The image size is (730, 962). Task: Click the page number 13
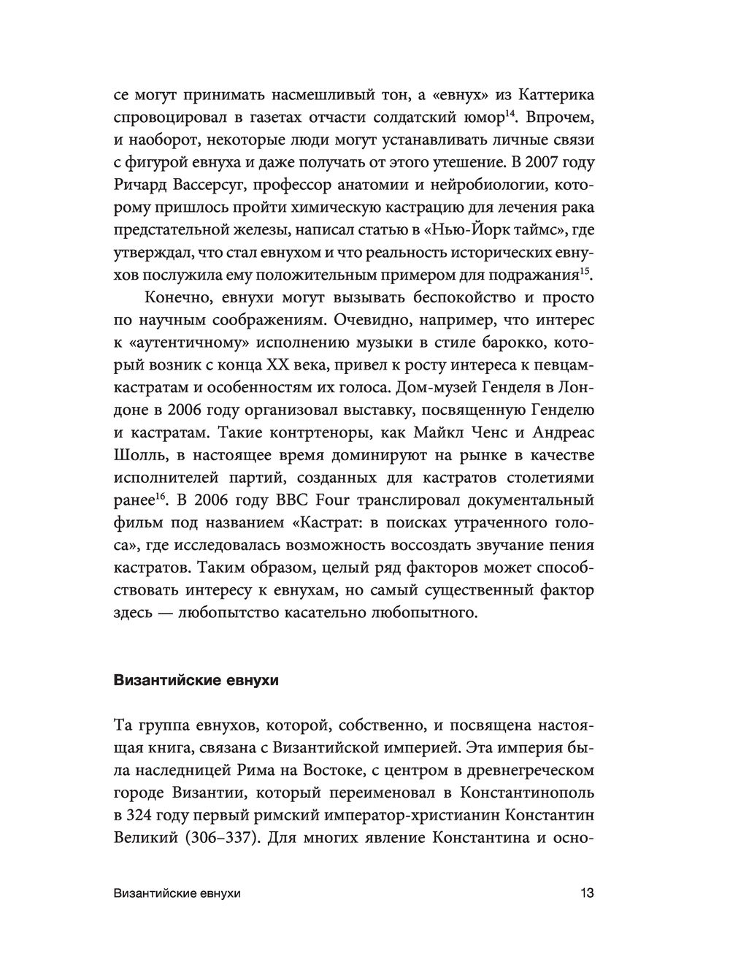[587, 893]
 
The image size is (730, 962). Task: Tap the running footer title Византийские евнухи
[178, 893]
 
